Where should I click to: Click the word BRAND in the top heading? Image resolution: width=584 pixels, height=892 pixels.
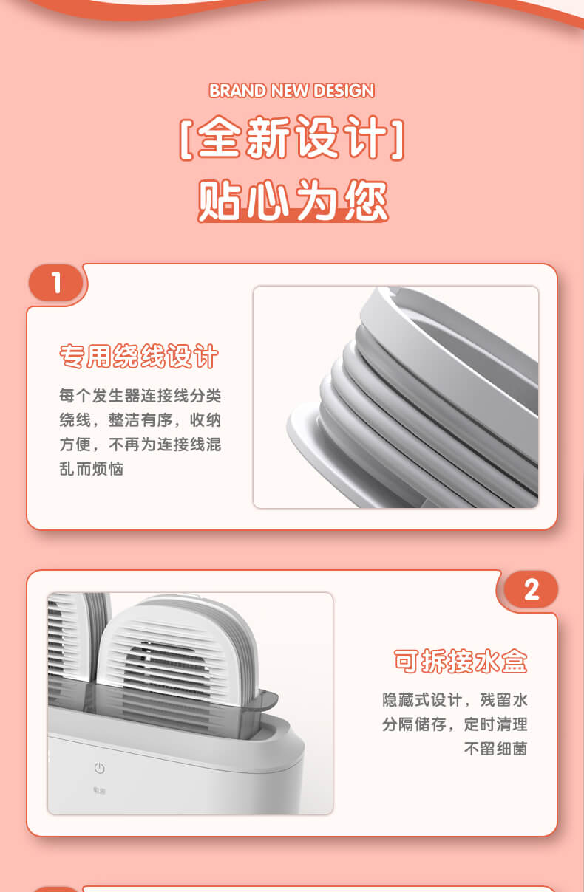point(237,91)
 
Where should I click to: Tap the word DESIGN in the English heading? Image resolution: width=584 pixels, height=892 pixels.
point(344,91)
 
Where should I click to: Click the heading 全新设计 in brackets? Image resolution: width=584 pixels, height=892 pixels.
point(292,138)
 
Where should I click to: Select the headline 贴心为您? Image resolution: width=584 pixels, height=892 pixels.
point(293,200)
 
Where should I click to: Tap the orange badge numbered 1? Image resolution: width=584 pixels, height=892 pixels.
point(56,283)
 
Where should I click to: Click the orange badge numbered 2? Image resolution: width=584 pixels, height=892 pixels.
point(531,590)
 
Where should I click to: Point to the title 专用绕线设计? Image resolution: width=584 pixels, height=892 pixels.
point(139,356)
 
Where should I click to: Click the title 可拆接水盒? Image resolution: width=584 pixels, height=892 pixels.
point(461,661)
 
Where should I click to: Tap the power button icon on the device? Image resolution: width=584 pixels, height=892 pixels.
point(100,768)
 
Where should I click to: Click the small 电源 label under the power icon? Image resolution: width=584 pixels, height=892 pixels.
point(99,790)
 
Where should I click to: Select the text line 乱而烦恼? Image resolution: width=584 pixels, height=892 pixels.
point(91,469)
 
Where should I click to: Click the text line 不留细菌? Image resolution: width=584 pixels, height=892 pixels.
point(495,749)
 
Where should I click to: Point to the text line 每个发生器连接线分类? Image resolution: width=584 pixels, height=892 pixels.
point(140,396)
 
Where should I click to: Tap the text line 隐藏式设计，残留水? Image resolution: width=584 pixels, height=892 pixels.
point(455,700)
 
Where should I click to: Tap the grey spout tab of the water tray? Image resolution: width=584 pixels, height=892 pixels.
point(266,700)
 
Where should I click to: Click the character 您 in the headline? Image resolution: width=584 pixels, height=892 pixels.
point(367,200)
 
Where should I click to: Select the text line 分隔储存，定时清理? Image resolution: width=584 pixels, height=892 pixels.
point(455,724)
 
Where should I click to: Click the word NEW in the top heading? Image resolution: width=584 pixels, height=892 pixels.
point(289,91)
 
